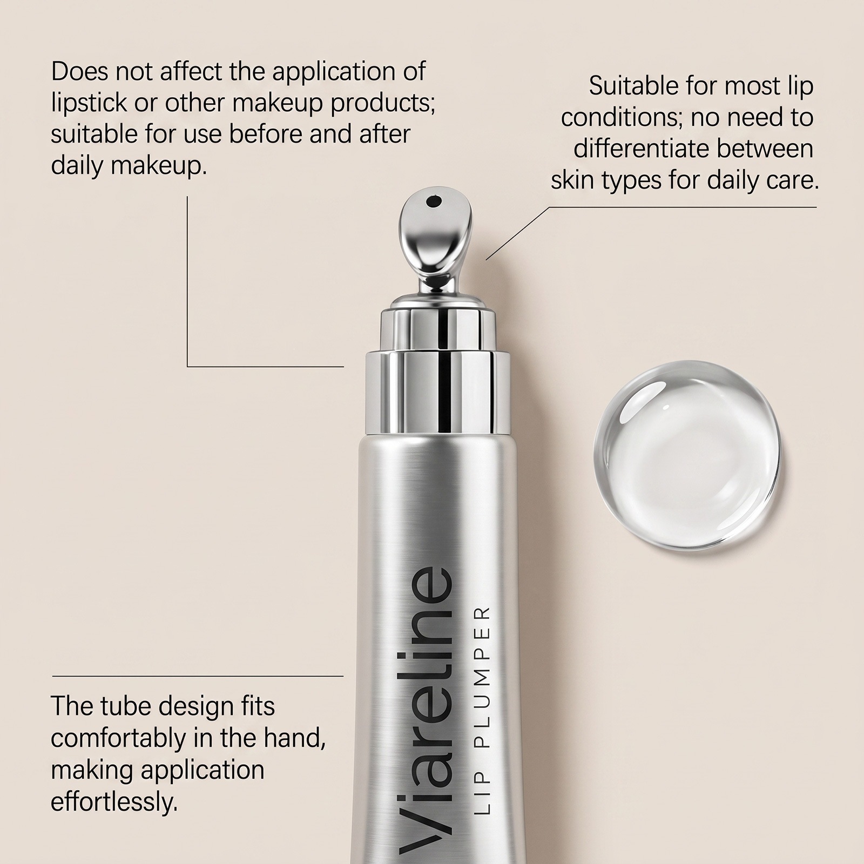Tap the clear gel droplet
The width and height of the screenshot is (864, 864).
(688, 455)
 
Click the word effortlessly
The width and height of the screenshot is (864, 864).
(114, 801)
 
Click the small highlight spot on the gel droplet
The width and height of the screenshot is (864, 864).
(666, 406)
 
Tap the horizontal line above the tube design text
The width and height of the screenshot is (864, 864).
(198, 676)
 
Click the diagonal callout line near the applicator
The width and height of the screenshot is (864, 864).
(517, 233)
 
